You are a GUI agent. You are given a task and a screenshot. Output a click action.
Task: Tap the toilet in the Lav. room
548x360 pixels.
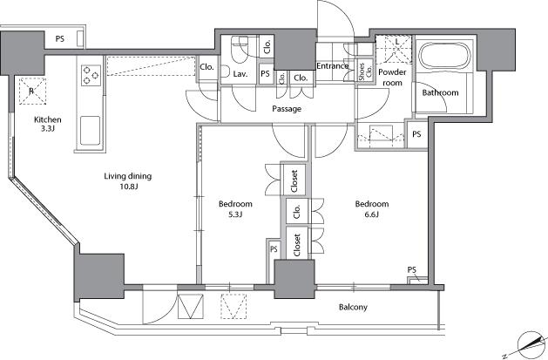pos(240,50)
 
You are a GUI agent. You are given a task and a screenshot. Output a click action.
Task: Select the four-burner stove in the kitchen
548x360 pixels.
pos(91,75)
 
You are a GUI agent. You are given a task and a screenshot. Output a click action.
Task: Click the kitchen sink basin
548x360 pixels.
pos(90,131)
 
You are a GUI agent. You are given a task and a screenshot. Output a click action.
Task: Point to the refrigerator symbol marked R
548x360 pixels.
pos(32,91)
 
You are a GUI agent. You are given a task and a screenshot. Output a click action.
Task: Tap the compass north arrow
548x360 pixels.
pos(531,344)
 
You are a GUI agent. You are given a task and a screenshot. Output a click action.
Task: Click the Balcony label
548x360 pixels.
pos(353,307)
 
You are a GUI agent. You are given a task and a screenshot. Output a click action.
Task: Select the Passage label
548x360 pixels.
pos(287,109)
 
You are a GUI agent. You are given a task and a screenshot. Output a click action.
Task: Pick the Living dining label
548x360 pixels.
pos(128,176)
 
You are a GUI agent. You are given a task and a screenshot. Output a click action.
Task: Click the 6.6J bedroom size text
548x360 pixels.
pos(372,214)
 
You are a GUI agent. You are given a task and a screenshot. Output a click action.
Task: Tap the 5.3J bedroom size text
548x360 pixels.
pos(235,214)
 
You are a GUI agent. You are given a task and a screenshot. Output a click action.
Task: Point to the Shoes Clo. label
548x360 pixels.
pos(365,71)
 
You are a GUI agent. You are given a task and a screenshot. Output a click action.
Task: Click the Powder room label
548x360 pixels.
pos(392,78)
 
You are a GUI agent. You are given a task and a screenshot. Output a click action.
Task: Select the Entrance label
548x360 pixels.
pos(332,66)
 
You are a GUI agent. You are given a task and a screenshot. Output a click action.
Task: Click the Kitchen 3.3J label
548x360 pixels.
pos(48,124)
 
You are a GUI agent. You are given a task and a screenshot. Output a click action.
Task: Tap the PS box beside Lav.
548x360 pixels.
pos(265,74)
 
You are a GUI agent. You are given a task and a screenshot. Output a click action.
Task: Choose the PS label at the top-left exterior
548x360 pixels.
pos(60,39)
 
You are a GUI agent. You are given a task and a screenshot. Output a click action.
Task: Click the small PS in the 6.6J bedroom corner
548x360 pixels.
pos(412,270)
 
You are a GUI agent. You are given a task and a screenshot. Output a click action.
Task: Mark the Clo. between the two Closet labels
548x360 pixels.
pos(297,211)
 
